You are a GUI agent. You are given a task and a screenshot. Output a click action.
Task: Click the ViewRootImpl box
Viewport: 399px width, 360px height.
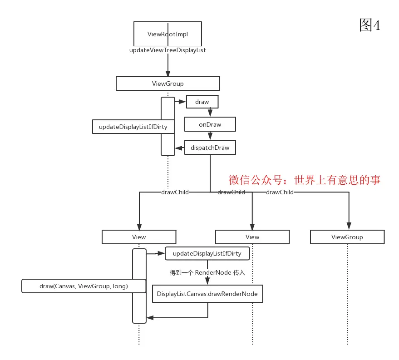[167, 34]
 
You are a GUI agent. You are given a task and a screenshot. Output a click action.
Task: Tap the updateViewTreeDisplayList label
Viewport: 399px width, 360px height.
[167, 50]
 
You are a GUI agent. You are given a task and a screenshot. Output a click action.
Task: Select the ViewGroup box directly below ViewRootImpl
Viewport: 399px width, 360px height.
[167, 84]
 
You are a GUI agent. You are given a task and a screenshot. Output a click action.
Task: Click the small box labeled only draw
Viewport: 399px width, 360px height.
[202, 102]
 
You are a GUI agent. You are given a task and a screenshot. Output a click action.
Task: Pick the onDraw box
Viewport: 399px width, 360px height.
[210, 124]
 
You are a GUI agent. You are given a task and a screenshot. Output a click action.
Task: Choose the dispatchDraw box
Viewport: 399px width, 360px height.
[210, 148]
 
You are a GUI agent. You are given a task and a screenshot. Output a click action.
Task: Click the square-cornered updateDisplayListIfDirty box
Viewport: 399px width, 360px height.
[133, 127]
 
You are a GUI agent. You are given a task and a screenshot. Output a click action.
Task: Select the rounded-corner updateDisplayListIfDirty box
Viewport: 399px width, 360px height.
[207, 253]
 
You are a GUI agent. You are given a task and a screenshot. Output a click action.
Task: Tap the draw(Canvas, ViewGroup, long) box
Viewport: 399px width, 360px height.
[84, 286]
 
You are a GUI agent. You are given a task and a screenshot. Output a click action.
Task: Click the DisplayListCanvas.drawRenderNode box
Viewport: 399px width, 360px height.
[207, 294]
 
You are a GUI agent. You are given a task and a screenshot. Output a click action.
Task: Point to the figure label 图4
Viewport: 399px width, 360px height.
[369, 25]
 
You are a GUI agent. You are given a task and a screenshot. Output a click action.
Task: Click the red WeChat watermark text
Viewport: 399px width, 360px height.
[304, 180]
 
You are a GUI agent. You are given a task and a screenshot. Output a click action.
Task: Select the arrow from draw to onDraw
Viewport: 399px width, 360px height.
[210, 112]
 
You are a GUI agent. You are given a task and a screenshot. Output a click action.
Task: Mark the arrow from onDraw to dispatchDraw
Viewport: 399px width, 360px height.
[210, 135]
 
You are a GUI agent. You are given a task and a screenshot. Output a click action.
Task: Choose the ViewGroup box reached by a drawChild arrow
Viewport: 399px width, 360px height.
[347, 237]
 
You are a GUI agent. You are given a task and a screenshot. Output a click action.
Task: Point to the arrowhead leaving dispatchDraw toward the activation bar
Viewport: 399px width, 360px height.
[178, 148]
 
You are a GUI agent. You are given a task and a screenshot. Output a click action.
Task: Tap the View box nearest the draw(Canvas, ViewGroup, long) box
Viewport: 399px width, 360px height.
[139, 237]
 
